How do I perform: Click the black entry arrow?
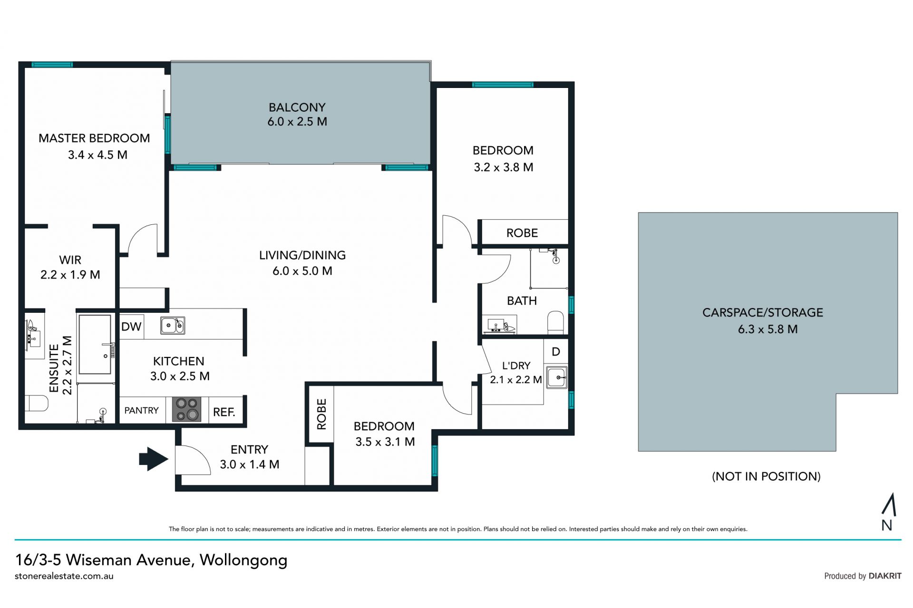tap(154, 459)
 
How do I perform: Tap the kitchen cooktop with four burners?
tap(186, 409)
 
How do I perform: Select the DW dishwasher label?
tap(131, 327)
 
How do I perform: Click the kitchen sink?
tap(172, 326)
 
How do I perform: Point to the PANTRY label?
tap(141, 410)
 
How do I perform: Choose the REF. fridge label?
tap(224, 412)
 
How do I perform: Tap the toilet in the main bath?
tap(555, 322)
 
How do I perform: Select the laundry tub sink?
tap(557, 378)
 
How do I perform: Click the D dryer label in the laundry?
tap(556, 352)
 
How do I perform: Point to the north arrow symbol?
tap(888, 505)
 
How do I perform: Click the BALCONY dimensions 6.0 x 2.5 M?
tap(297, 122)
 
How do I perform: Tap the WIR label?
tap(70, 260)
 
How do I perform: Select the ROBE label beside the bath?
tap(522, 233)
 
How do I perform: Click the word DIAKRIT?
tap(885, 576)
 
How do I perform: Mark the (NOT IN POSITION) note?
tap(766, 476)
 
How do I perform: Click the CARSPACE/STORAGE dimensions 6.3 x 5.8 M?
tap(767, 329)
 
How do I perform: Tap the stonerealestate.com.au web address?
tap(64, 576)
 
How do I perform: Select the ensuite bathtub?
tap(96, 344)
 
